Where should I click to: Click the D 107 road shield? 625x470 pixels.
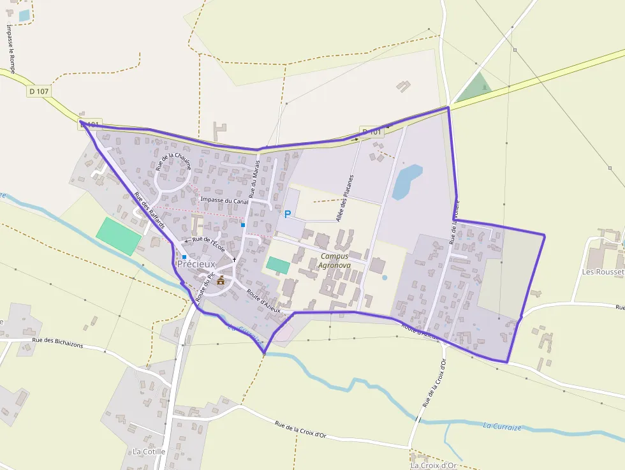click(x=39, y=91)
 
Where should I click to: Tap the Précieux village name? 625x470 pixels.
click(x=196, y=263)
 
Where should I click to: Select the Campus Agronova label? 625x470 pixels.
click(x=335, y=261)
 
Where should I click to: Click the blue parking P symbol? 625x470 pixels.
click(x=287, y=214)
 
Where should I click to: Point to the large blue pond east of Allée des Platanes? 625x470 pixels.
click(x=406, y=181)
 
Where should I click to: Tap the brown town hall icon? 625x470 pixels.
click(x=221, y=280)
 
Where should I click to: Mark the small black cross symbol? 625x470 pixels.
click(x=235, y=260)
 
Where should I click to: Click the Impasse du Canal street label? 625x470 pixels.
click(x=224, y=200)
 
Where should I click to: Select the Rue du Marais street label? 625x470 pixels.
click(x=254, y=180)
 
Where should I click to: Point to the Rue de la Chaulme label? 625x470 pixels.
click(x=173, y=162)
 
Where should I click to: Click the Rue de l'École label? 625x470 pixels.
click(x=209, y=242)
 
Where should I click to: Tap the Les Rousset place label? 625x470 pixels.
click(x=603, y=272)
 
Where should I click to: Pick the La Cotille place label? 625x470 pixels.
click(x=149, y=452)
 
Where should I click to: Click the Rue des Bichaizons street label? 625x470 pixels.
click(x=66, y=344)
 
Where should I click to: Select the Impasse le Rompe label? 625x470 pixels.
click(x=11, y=49)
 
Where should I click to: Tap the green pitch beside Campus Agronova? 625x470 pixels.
click(x=277, y=265)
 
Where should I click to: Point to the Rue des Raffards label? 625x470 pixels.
click(x=150, y=210)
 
